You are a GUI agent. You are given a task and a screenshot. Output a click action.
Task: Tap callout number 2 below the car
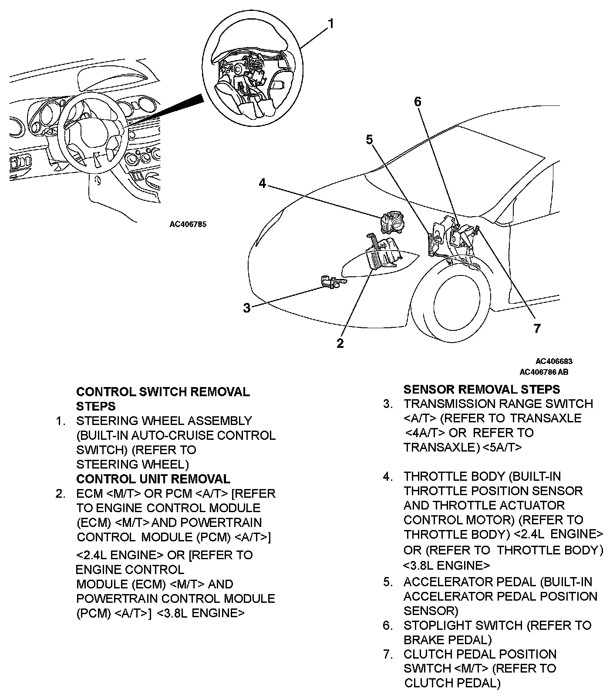click(x=340, y=343)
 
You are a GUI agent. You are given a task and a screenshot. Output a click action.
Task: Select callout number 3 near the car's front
click(x=247, y=308)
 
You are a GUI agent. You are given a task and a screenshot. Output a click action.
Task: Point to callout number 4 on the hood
click(x=262, y=183)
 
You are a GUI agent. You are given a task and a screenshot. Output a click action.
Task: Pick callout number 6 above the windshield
click(x=418, y=102)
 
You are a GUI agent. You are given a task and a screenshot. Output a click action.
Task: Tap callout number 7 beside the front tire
click(x=537, y=328)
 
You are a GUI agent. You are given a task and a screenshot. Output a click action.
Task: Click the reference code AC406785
click(x=188, y=225)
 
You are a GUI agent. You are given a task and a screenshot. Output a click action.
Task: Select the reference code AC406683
click(x=554, y=361)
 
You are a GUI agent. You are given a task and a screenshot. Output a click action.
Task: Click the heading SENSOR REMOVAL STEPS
click(x=482, y=389)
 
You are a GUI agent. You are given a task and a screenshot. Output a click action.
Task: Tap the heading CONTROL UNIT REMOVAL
click(x=153, y=479)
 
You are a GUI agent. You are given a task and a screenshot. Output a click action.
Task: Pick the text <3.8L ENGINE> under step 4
click(x=446, y=565)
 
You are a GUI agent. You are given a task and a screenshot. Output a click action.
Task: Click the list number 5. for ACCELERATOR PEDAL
click(x=388, y=582)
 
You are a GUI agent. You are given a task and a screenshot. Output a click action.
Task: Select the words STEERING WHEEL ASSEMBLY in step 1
click(x=164, y=421)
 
